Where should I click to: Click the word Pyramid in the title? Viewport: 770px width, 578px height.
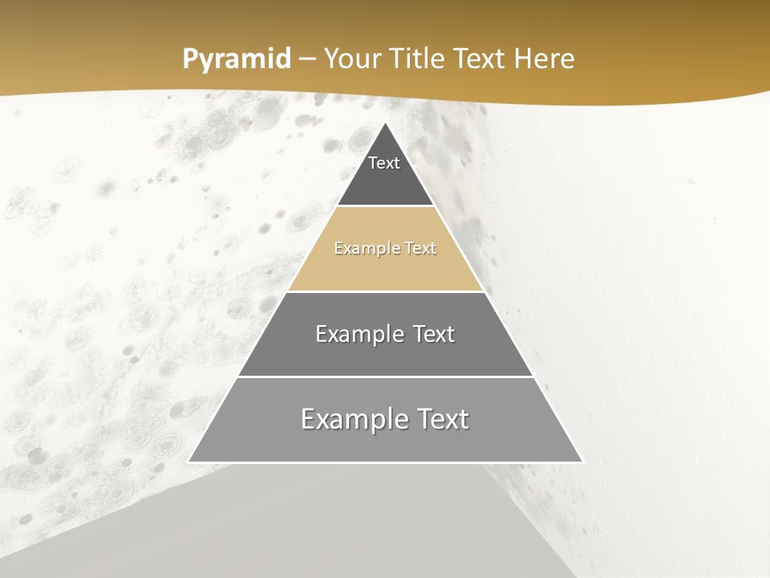coord(237,59)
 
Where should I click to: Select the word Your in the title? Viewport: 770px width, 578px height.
coord(352,59)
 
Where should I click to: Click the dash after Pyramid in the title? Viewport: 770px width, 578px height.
coord(306,59)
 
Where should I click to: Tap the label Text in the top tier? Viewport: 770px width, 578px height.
coord(384,163)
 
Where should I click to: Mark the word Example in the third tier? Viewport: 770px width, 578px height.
coord(356,334)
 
